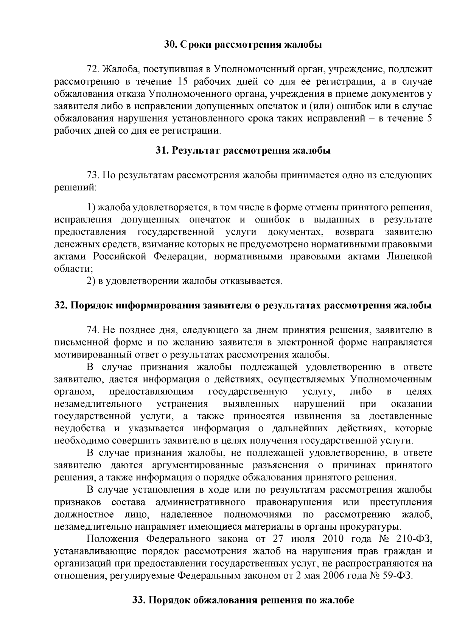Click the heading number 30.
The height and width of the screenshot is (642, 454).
point(169,45)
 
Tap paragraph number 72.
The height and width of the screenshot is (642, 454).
point(93,69)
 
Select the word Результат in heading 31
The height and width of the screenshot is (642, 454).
point(194,151)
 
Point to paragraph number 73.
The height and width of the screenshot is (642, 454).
point(93,175)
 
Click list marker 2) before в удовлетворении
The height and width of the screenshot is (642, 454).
point(91,281)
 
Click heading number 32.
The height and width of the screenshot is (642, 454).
point(61,305)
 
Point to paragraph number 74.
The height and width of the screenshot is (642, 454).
point(93,330)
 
